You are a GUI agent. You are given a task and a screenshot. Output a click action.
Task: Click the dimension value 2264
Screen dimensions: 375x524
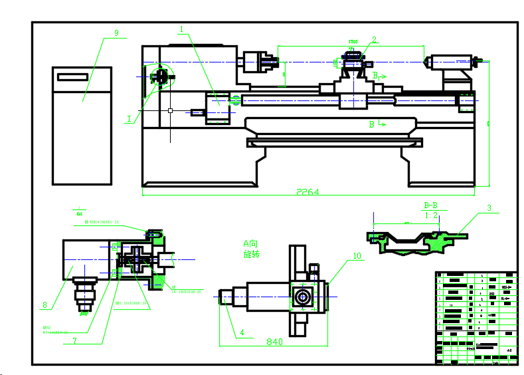pos(307,192)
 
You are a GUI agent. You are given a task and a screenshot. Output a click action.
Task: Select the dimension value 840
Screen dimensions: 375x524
pos(275,342)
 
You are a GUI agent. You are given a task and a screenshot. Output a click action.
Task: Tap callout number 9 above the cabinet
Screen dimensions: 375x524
pos(116,33)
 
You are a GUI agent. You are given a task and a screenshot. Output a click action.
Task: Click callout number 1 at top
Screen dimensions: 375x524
pos(181,29)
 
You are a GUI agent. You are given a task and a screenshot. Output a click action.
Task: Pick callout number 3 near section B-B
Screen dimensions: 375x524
pos(489,208)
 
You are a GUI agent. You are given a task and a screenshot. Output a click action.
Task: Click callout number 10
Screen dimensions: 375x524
pos(357,255)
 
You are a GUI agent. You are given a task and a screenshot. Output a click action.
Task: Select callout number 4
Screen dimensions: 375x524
pos(242,332)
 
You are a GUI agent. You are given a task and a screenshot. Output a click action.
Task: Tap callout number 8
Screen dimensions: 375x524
pos(44,306)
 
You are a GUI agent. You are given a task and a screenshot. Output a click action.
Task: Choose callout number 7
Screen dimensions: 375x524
pos(75,341)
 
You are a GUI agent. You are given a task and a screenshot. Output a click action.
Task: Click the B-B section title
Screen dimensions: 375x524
pos(430,205)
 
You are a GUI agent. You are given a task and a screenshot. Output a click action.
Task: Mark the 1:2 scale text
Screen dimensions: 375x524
pos(431,215)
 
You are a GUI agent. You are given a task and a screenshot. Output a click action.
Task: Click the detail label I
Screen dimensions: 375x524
pos(129,119)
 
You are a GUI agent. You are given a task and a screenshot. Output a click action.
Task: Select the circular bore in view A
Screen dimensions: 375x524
pos(302,297)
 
